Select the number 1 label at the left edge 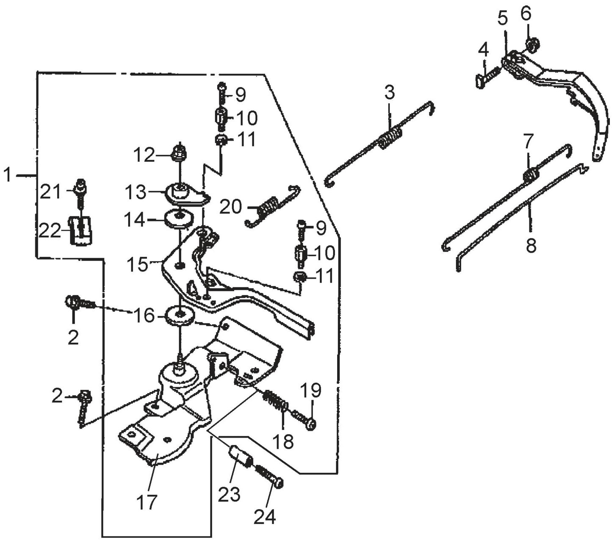point(7,175)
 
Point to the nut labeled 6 point(532,44)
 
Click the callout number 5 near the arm point(502,19)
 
